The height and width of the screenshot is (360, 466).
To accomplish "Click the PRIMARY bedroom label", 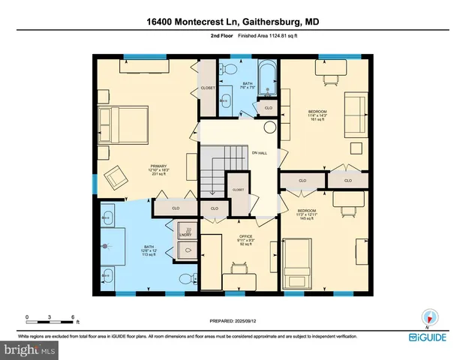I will point(158,166).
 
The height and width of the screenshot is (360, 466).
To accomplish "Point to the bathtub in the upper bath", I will point(268,81).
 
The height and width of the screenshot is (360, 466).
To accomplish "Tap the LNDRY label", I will point(185,235).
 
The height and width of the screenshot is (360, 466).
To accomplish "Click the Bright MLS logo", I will point(29,349).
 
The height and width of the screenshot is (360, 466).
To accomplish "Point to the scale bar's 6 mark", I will point(72,316).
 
